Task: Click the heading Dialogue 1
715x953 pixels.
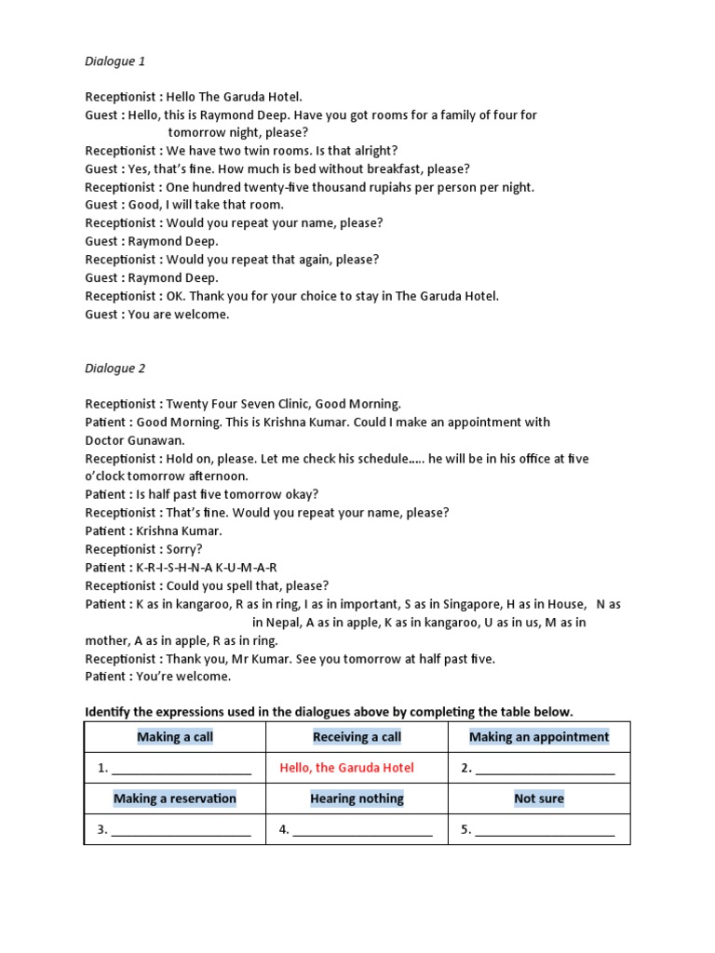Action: point(115,61)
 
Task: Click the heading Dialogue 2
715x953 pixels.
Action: point(115,369)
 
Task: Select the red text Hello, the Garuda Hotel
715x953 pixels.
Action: point(346,768)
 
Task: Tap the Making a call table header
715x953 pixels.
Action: point(175,737)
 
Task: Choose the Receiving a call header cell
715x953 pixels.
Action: point(357,737)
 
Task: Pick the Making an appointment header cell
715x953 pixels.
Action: point(539,737)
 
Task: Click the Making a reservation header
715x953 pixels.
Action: point(175,799)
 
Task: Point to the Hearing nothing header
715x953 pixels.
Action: point(357,799)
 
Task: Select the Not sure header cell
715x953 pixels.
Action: point(539,799)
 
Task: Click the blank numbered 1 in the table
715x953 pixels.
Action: point(181,770)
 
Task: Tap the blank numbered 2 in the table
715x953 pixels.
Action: point(545,770)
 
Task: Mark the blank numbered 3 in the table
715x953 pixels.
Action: point(181,830)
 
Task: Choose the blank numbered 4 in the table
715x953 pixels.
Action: point(362,830)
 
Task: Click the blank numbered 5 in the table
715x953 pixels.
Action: point(545,830)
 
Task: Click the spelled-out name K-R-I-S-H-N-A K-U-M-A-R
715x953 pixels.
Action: point(207,568)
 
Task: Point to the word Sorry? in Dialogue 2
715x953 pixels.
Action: point(184,549)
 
